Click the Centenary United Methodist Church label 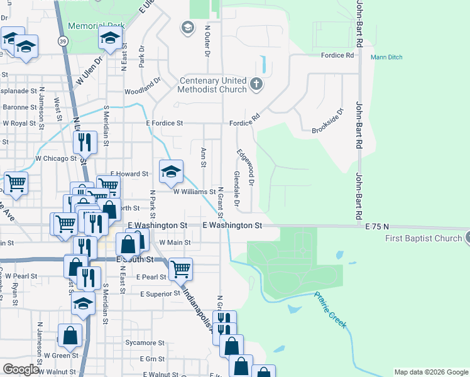coord(213,85)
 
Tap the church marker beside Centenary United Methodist coord(256,84)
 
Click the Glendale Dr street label coord(237,188)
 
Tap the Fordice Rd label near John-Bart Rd coord(337,55)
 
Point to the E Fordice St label coord(164,124)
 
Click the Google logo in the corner coord(21,369)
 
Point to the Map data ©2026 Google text coord(430,372)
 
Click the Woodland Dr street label coord(143,90)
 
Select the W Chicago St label coord(55,158)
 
